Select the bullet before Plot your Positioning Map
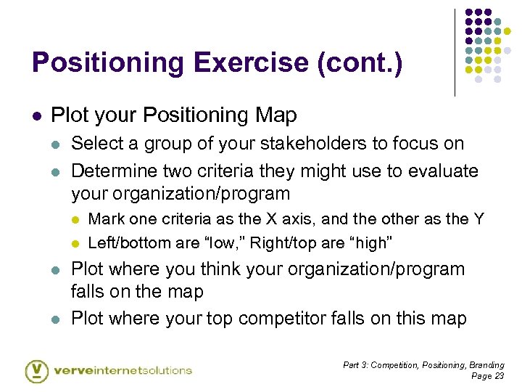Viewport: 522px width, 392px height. pos(37,115)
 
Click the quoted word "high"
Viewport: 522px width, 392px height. pos(372,242)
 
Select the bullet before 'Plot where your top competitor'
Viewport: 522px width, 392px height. pos(57,319)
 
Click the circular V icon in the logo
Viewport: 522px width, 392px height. pos(36,370)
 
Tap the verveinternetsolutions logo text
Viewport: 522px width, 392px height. pos(123,370)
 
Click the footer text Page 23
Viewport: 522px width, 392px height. pos(487,376)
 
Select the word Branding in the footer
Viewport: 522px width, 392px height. pos(487,365)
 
